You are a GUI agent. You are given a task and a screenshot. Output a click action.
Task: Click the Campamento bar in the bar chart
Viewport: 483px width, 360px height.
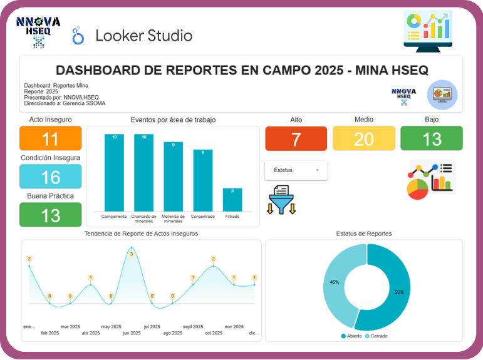[114, 172]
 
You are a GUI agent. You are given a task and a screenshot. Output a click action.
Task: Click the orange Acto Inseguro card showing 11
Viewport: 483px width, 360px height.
[51, 138]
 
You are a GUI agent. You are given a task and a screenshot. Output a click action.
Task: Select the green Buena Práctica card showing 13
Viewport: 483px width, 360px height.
[51, 215]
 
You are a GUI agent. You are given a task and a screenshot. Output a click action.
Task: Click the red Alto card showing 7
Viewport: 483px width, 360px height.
[296, 138]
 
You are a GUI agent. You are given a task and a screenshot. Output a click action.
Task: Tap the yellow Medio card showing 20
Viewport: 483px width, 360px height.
[363, 138]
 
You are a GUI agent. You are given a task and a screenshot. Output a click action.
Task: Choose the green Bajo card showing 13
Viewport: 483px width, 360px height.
[432, 138]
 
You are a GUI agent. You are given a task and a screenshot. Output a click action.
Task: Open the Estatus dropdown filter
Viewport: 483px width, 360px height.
[296, 170]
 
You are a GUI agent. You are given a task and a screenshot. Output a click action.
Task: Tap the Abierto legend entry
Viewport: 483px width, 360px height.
[351, 336]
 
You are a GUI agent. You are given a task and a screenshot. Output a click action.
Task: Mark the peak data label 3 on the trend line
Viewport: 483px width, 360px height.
[132, 254]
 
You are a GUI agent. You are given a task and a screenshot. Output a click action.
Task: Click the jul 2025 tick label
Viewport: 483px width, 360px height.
[152, 327]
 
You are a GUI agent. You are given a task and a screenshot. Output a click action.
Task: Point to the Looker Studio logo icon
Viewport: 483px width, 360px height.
[78, 36]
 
